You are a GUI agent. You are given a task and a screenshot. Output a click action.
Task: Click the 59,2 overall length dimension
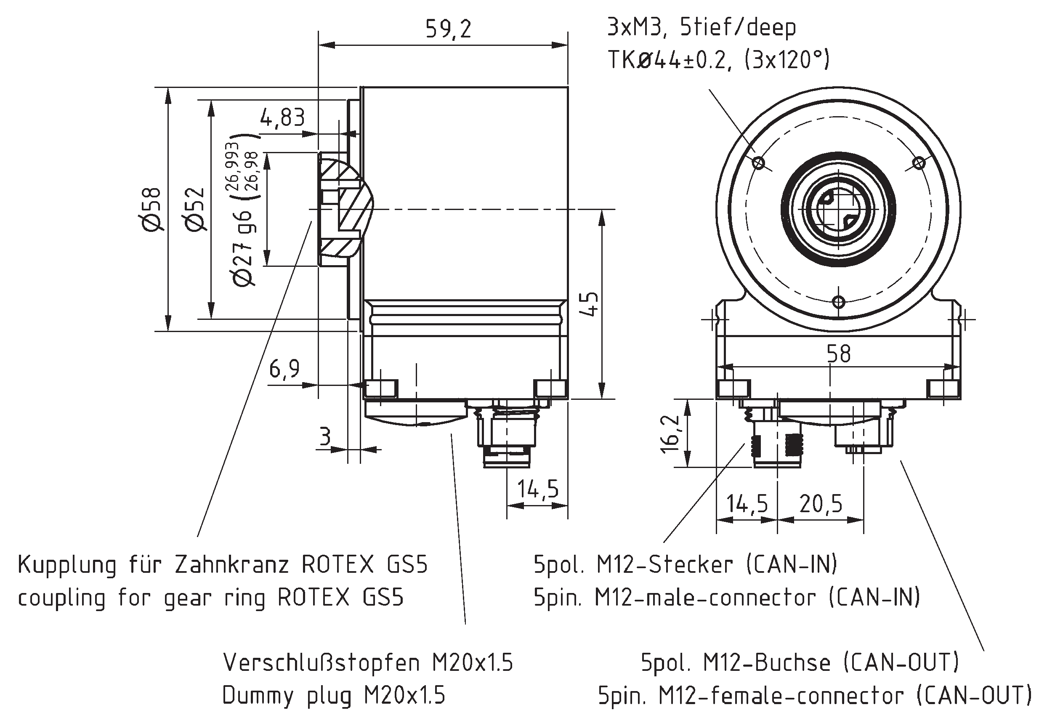pos(448,29)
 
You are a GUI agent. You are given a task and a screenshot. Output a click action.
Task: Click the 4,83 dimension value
pos(282,117)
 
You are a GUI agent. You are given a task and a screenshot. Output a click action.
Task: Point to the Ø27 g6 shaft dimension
pos(244,248)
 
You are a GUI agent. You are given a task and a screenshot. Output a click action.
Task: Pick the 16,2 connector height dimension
pos(671,433)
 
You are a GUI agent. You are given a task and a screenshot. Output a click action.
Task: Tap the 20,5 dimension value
pos(821,503)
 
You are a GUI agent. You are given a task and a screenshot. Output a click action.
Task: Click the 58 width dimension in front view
pos(838,354)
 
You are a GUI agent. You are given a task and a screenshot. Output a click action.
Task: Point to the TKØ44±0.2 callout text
pos(669,60)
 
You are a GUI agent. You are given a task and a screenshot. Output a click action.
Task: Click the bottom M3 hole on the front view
pos(839,302)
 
